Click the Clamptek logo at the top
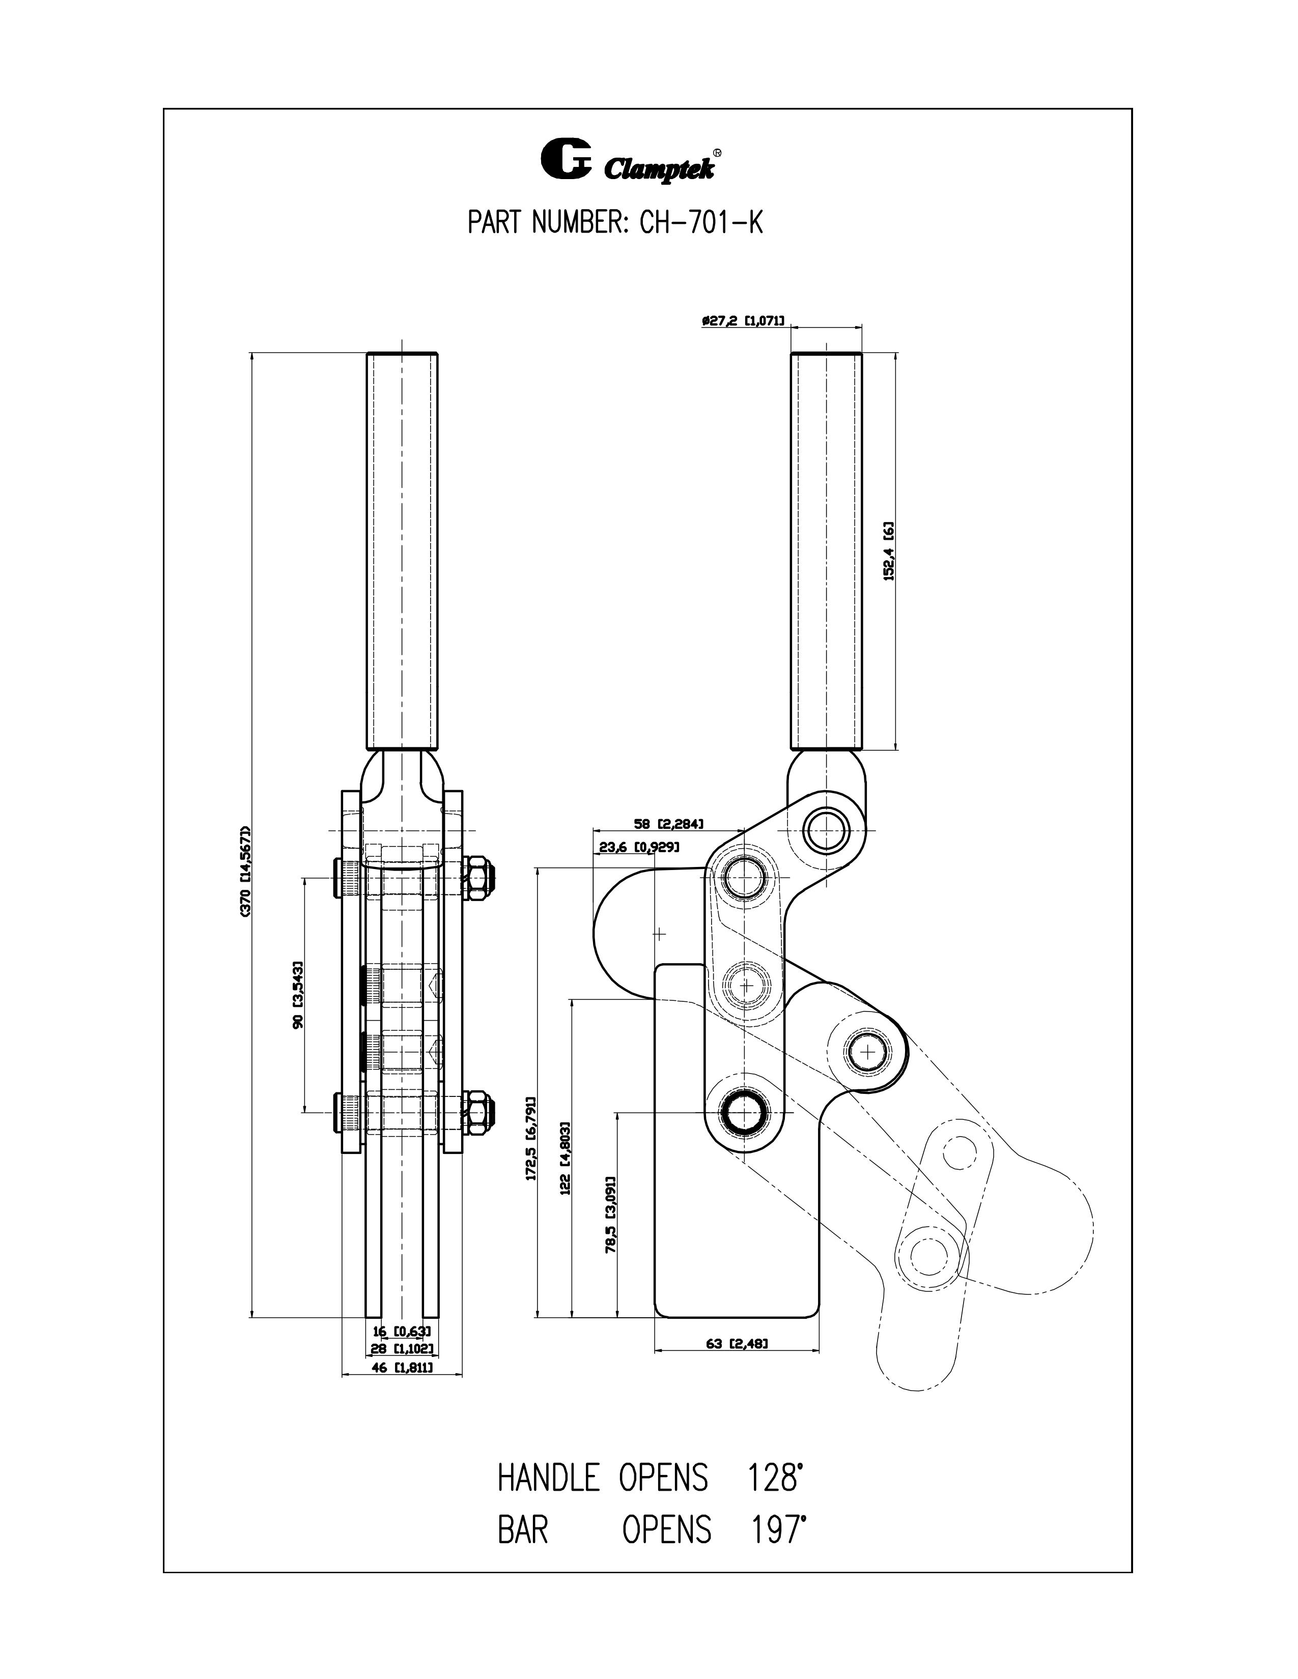[x=631, y=160]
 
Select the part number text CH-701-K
[x=700, y=224]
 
